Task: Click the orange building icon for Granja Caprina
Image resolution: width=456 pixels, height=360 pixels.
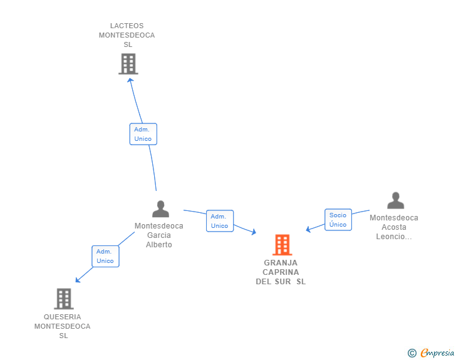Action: click(x=282, y=245)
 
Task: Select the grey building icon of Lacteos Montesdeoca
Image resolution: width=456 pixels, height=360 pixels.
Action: click(x=128, y=64)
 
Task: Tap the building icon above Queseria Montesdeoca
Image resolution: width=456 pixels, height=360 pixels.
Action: click(x=64, y=299)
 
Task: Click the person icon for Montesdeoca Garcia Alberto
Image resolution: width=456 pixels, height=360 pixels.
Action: click(x=160, y=209)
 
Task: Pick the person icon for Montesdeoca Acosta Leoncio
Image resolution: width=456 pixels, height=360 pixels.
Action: click(x=395, y=200)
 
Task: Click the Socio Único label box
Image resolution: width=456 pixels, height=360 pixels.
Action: click(x=338, y=220)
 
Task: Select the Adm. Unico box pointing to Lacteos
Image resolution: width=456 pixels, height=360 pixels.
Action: click(x=143, y=134)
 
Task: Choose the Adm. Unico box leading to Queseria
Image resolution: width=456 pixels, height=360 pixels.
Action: click(x=105, y=256)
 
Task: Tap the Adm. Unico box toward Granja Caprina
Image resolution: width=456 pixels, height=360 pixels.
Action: click(x=220, y=221)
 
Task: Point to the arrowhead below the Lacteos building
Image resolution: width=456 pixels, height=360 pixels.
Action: click(x=130, y=80)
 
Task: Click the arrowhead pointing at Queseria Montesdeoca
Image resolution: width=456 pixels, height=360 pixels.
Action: click(x=78, y=280)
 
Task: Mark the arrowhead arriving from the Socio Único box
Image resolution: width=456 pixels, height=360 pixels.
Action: click(x=308, y=229)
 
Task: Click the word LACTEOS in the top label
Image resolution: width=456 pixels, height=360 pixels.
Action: click(x=127, y=26)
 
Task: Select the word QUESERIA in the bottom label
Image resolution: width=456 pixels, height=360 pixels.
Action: click(x=62, y=317)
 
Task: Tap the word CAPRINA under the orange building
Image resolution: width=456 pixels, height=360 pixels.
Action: click(x=281, y=272)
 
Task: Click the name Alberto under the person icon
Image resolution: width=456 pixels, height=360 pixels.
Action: click(x=159, y=245)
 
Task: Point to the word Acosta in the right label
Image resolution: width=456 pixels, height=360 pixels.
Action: click(x=394, y=227)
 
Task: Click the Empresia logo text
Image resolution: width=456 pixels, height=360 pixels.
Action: click(x=437, y=352)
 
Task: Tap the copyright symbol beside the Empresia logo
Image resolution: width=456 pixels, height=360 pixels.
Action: click(x=412, y=353)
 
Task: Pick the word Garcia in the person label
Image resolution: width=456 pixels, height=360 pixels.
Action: click(x=159, y=235)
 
